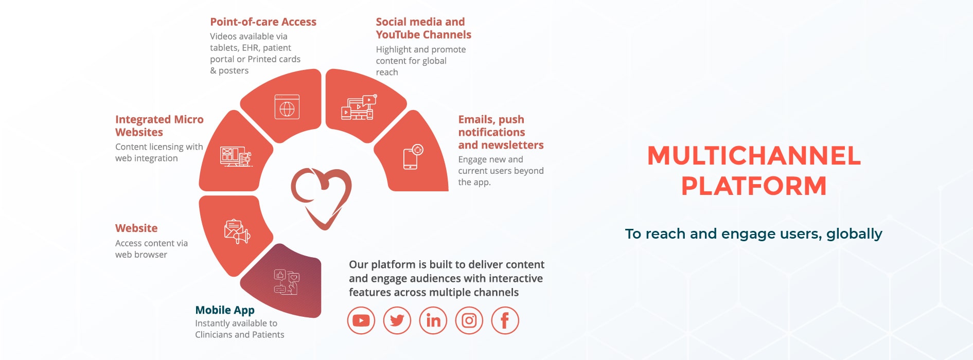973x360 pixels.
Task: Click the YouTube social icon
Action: click(x=361, y=320)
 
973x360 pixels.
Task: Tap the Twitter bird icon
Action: click(x=397, y=320)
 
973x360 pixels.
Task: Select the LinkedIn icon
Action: click(x=433, y=320)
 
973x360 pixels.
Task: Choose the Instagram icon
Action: click(x=469, y=320)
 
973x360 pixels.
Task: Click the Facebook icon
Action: click(x=505, y=320)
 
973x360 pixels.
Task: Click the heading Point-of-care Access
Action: click(x=263, y=22)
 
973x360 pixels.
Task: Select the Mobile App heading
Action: click(x=225, y=310)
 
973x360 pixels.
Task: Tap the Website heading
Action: click(x=136, y=228)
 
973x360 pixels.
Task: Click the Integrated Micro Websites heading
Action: click(x=159, y=125)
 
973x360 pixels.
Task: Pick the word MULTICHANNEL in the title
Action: click(x=754, y=156)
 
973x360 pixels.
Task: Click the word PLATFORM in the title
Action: click(x=754, y=186)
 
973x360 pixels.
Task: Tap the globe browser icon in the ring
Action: click(x=287, y=107)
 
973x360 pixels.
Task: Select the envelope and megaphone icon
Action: click(x=237, y=231)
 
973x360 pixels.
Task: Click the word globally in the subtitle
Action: click(x=854, y=234)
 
